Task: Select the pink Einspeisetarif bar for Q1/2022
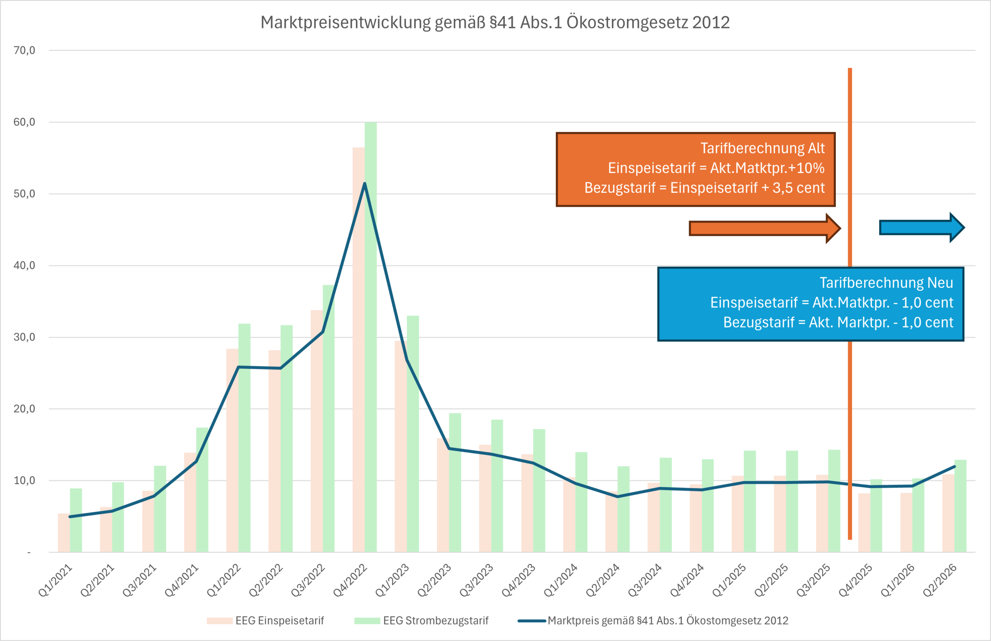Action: coord(232,458)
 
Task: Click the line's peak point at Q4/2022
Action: coord(364,184)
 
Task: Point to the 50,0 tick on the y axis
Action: coord(24,194)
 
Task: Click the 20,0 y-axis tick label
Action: coord(24,409)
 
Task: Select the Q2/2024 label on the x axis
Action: coord(602,580)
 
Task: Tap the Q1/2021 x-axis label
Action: coord(55,580)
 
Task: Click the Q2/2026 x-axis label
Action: coord(940,580)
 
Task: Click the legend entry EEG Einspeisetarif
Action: coord(279,620)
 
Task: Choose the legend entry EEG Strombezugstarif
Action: coord(435,620)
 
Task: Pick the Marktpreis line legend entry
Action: coord(667,620)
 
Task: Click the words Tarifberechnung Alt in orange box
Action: coord(762,148)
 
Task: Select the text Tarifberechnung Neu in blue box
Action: coord(886,283)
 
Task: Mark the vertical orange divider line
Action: coord(850,416)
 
